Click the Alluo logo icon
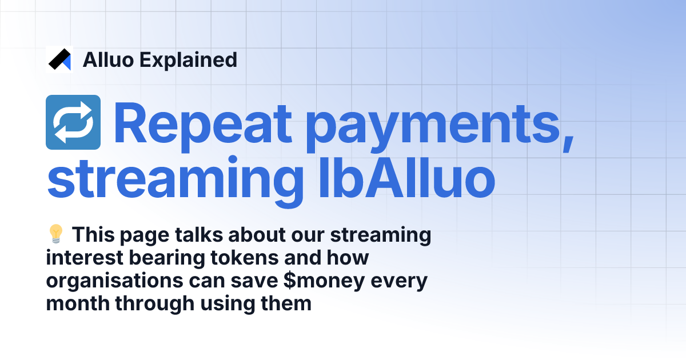coord(59,59)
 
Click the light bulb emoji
coord(55,235)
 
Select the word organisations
coord(103,282)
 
